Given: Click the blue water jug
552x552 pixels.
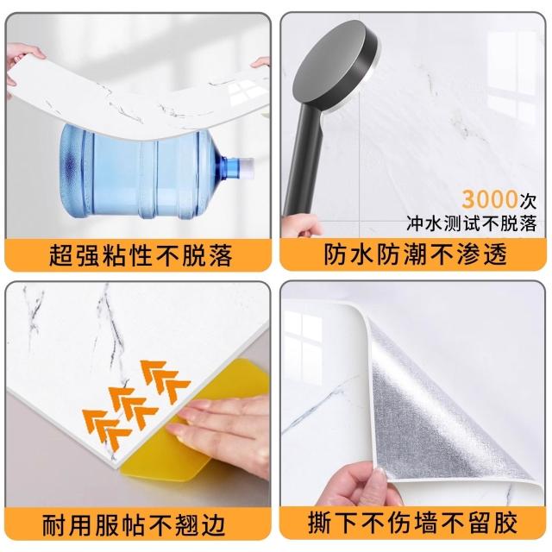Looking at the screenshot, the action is [155, 172].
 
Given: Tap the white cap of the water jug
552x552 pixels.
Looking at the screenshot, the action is [246, 166].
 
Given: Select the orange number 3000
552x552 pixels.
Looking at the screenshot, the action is [490, 199].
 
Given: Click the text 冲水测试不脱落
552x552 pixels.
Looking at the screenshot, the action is [472, 223].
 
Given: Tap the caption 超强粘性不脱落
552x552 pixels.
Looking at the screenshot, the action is [140, 255].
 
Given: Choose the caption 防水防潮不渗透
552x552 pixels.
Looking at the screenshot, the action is [416, 254].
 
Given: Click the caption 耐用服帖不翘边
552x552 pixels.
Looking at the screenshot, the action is [134, 525].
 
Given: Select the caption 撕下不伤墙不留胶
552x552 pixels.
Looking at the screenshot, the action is [412, 524].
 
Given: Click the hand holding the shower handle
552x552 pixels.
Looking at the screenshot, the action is [302, 226].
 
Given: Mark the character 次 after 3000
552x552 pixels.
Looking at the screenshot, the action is [528, 201].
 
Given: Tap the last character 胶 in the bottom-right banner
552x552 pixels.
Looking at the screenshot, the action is [505, 524].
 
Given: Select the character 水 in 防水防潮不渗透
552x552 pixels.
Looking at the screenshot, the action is [362, 254].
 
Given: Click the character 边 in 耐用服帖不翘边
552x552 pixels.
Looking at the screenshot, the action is [213, 525].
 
